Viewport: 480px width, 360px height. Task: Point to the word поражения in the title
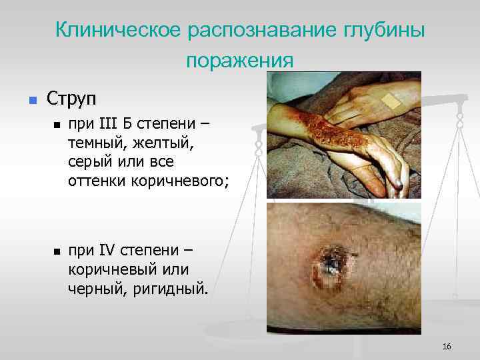240,61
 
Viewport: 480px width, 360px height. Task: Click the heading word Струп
71,99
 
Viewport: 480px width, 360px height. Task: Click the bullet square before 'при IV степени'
57,252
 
